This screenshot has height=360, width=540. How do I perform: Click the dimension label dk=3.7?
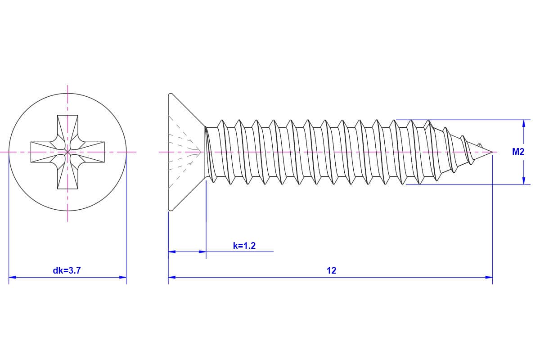coord(67,270)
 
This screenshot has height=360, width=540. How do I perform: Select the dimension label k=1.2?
coord(244,246)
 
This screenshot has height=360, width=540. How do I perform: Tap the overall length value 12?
coord(331,270)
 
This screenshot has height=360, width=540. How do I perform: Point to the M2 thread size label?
coord(518,152)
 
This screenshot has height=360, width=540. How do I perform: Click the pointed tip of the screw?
coord(492,152)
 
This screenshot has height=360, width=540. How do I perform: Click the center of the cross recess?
coord(67,152)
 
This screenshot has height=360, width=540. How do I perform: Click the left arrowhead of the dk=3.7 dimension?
coord(13,277)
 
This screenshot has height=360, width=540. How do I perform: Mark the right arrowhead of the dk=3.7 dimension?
coord(122,277)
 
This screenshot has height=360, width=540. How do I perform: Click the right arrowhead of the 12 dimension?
coord(489,277)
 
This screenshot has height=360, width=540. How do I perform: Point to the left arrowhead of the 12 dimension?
coord(172,277)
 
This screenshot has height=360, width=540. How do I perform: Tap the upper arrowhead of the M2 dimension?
coord(523,124)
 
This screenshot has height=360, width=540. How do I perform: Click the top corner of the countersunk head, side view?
coord(170,94)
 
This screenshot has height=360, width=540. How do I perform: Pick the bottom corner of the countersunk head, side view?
coord(170,210)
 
